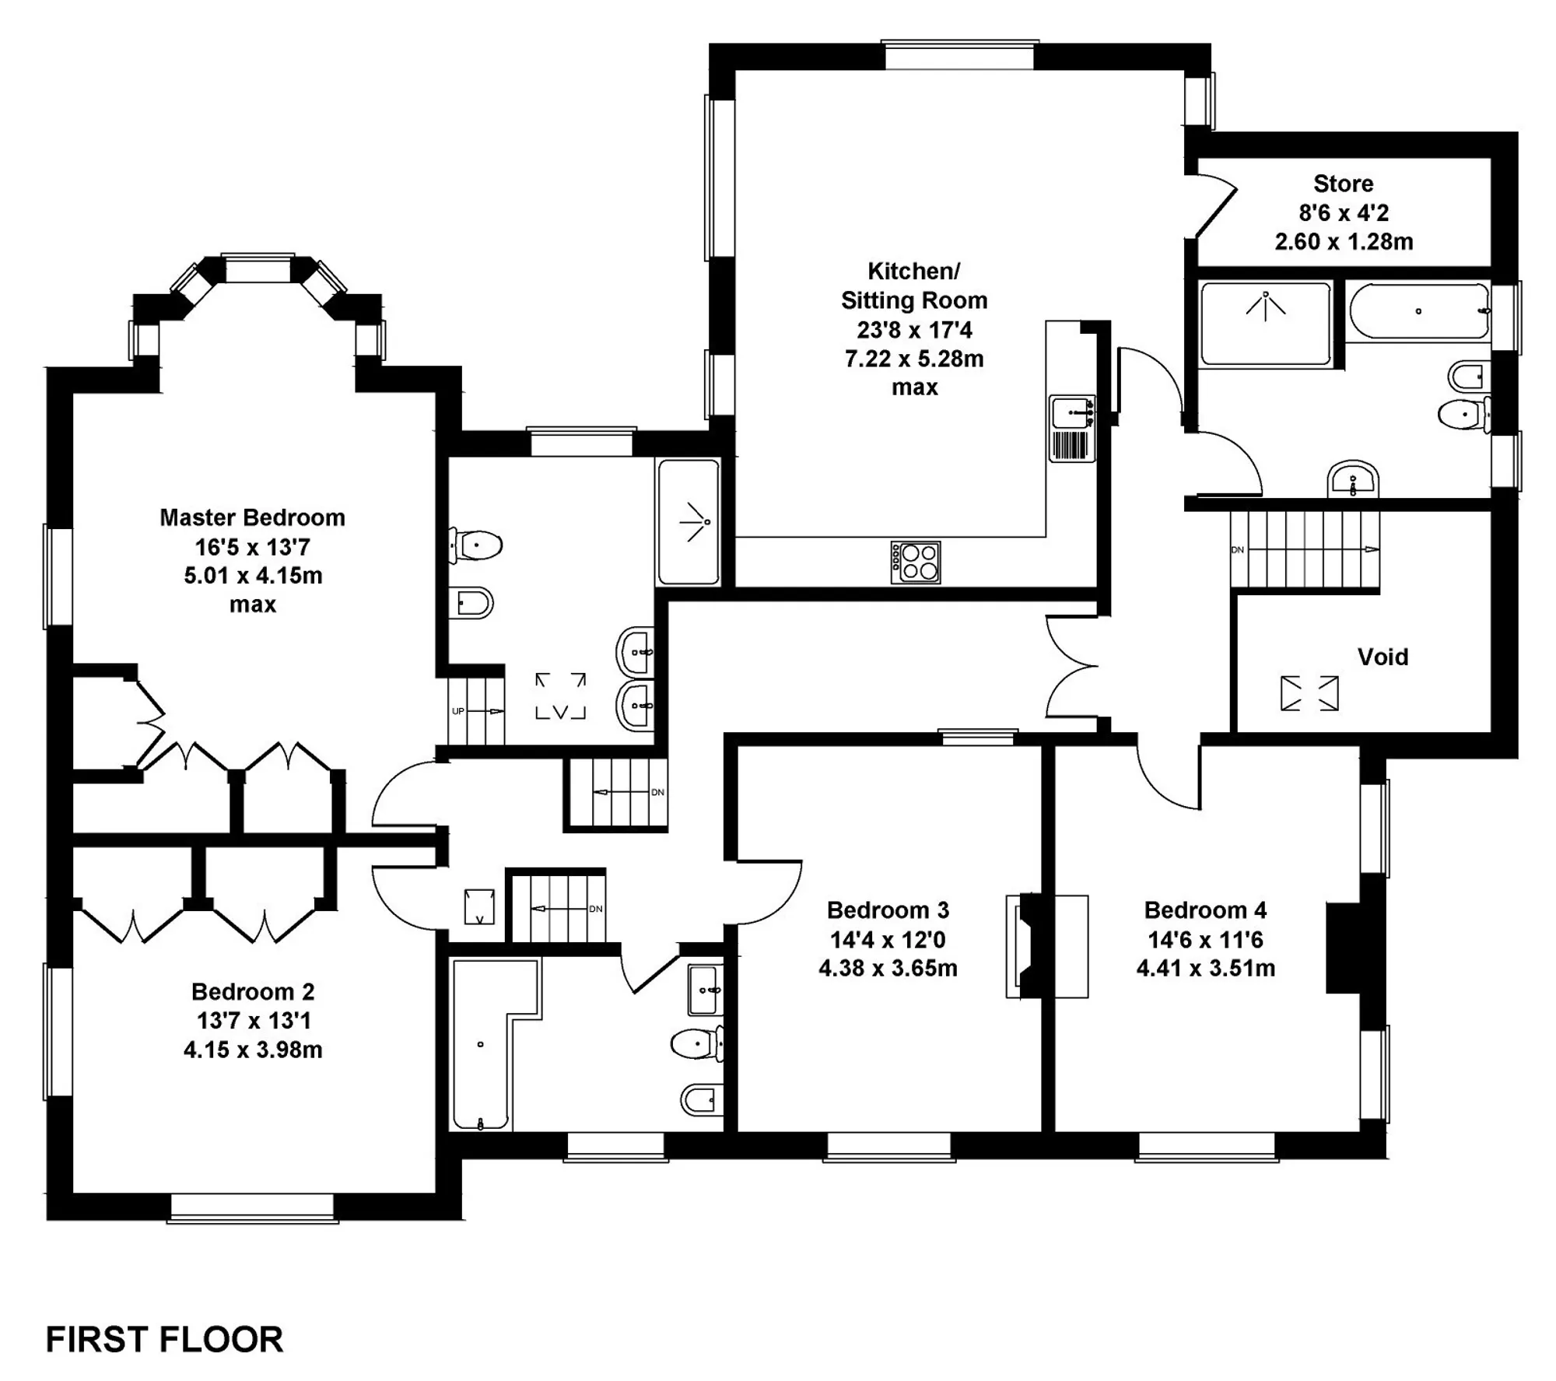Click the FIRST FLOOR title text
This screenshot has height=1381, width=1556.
(x=165, y=1339)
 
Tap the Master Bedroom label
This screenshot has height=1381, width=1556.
(x=252, y=517)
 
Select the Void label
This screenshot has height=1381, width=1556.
(x=1383, y=657)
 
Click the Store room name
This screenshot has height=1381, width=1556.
(x=1344, y=184)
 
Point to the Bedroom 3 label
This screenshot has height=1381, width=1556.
(x=888, y=910)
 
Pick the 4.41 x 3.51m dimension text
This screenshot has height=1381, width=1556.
(x=1205, y=969)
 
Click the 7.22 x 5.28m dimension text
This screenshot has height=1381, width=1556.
(x=914, y=359)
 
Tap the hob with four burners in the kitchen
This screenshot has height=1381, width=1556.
(x=916, y=563)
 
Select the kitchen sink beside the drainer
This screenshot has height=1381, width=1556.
(x=1073, y=412)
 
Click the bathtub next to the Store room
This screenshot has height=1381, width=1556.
(x=1418, y=311)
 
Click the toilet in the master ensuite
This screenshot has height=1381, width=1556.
(x=475, y=545)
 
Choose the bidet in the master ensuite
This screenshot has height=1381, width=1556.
(x=471, y=602)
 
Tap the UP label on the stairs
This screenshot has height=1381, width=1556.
(x=458, y=712)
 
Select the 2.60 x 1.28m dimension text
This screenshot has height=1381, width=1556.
(x=1344, y=242)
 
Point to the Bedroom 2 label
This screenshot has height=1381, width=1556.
(x=253, y=992)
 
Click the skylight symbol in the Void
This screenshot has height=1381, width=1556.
(x=1309, y=693)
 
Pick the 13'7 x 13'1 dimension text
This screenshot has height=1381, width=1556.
(x=254, y=1021)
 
